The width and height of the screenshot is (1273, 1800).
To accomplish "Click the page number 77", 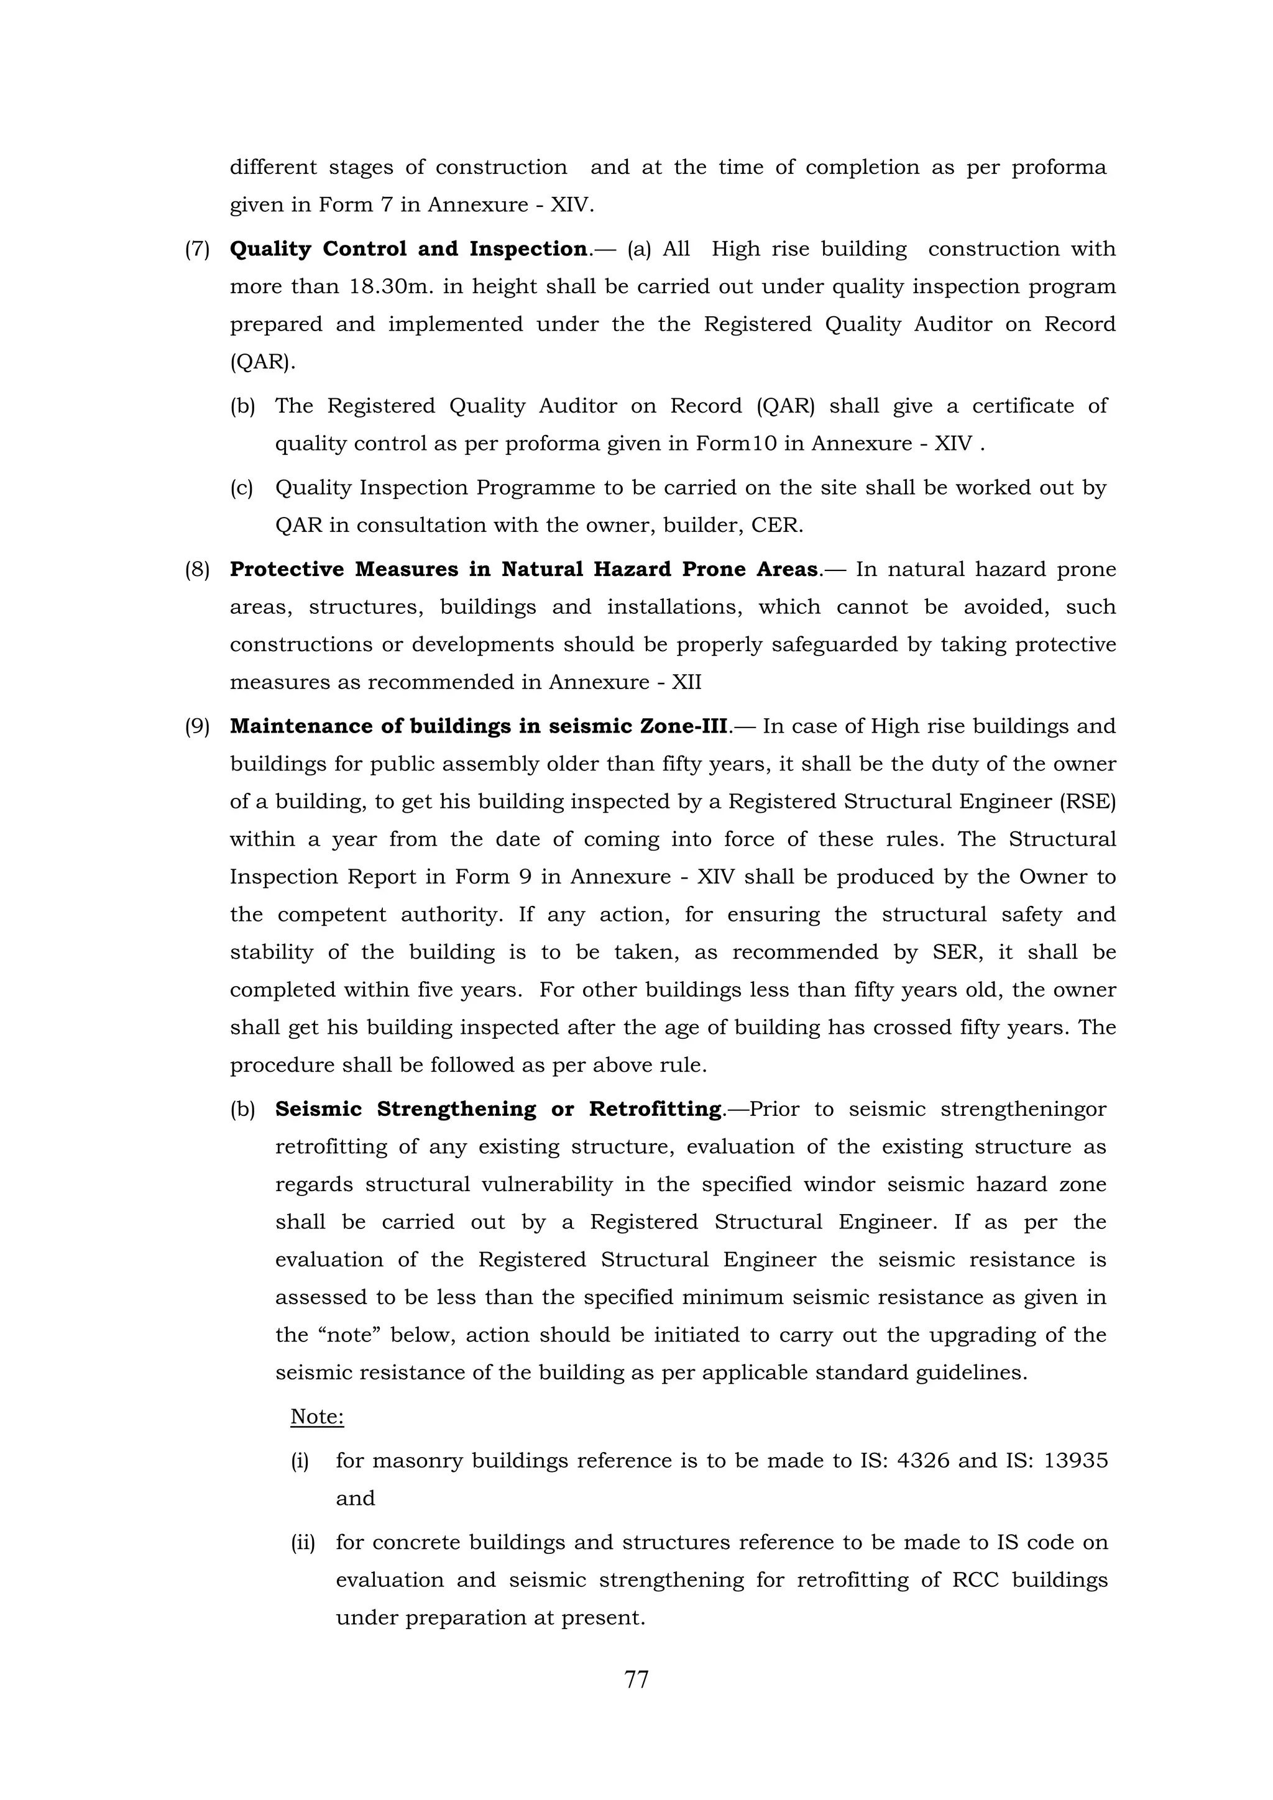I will [x=636, y=1680].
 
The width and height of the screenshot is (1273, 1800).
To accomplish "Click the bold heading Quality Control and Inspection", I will [x=408, y=249].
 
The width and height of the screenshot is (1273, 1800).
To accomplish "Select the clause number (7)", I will [x=198, y=249].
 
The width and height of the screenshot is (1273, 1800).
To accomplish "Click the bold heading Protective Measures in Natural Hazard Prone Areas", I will [x=524, y=569].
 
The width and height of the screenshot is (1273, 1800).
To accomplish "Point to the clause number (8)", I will [x=198, y=570].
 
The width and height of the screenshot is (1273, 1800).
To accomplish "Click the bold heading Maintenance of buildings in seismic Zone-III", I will [x=479, y=726].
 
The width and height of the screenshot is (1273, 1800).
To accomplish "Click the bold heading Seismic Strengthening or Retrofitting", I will [x=498, y=1109].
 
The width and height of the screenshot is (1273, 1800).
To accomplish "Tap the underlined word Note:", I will [x=317, y=1417].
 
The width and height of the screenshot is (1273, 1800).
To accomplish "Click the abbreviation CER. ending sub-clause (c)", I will [x=778, y=525].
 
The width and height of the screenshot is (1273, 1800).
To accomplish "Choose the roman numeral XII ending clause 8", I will [x=686, y=682].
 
